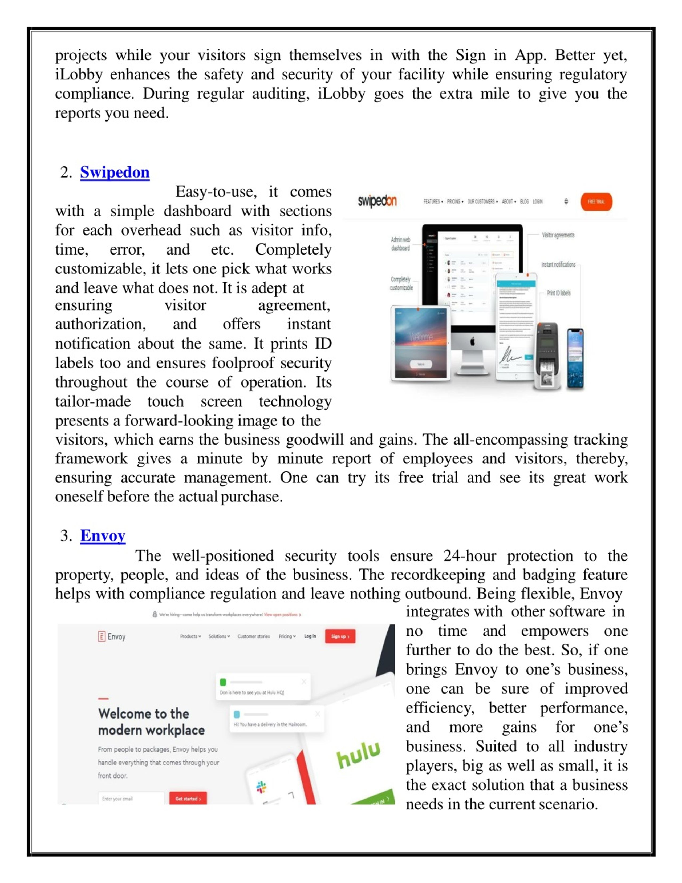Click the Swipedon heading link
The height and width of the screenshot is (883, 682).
115,172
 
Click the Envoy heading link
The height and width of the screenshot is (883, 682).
103,536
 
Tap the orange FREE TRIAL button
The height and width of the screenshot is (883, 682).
596,202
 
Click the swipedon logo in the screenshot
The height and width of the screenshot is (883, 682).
377,201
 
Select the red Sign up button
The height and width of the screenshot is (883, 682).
340,636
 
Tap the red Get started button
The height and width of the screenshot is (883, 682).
188,799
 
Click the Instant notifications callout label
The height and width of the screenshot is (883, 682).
558,264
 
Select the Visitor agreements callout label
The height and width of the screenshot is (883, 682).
558,235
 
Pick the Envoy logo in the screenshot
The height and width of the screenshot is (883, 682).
112,637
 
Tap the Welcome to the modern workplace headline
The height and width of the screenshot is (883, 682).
151,722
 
